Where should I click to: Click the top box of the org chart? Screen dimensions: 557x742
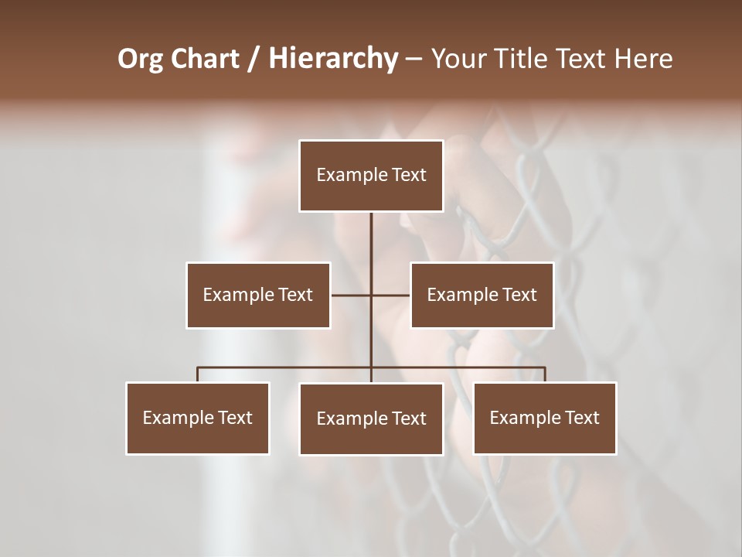pyautogui.click(x=371, y=176)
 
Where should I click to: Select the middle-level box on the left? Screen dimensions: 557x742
pyautogui.click(x=258, y=295)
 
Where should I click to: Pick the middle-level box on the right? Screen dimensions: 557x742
pyautogui.click(x=482, y=295)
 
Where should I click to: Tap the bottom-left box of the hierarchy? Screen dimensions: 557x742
pyautogui.click(x=198, y=418)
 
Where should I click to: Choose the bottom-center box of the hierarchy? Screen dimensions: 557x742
pyautogui.click(x=371, y=419)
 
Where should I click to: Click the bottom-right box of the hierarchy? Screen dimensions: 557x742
pyautogui.click(x=544, y=418)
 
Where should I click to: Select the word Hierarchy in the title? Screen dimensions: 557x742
pyautogui.click(x=332, y=59)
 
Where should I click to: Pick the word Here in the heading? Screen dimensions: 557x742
pyautogui.click(x=643, y=59)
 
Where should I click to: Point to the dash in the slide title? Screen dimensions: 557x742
pyautogui.click(x=414, y=59)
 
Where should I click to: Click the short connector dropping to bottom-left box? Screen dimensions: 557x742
pyautogui.click(x=198, y=374)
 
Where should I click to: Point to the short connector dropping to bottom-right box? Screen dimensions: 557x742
pyautogui.click(x=545, y=374)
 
